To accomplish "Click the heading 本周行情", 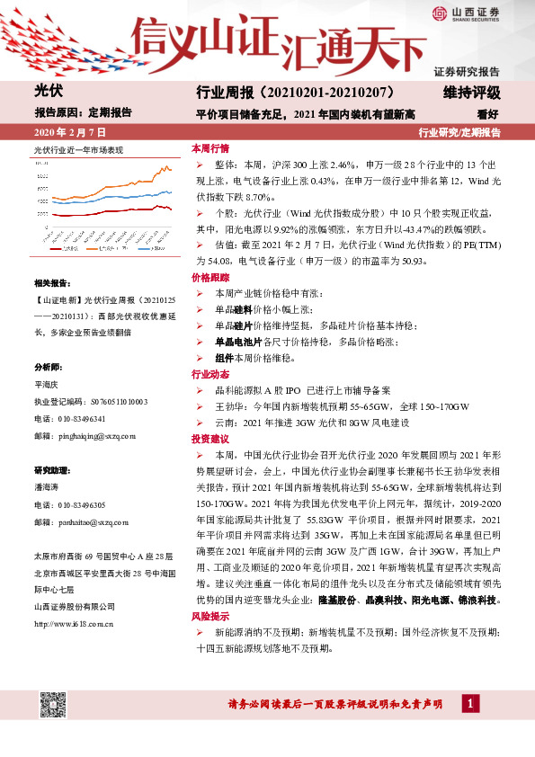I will coord(210,148).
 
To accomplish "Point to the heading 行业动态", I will coord(210,374).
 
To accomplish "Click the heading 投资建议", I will coord(210,439).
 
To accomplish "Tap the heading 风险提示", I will coord(210,616).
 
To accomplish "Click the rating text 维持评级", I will coord(471,94).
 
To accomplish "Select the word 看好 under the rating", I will coord(488,114).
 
